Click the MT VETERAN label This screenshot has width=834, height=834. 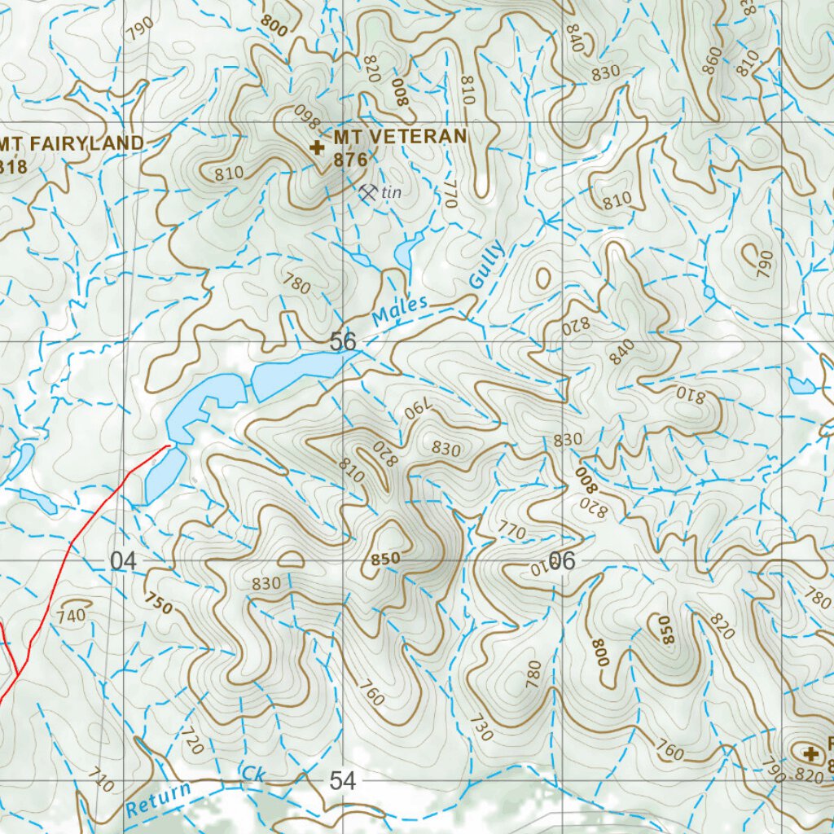pyautogui.click(x=400, y=136)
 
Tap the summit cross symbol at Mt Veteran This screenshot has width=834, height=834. pyautogui.click(x=317, y=147)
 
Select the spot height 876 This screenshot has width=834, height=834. pyautogui.click(x=350, y=160)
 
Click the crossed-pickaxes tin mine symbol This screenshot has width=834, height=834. pyautogui.click(x=368, y=192)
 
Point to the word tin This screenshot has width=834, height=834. pyautogui.click(x=393, y=192)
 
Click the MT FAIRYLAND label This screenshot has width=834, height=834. pyautogui.click(x=72, y=143)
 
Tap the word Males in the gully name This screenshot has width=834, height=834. pyautogui.click(x=400, y=310)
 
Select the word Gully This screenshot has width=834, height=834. pyautogui.click(x=487, y=264)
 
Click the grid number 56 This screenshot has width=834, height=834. pyautogui.click(x=344, y=341)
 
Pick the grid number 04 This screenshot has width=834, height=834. pyautogui.click(x=122, y=560)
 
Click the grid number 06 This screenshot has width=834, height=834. pyautogui.click(x=562, y=560)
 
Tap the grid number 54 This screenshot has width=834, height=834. pyautogui.click(x=344, y=781)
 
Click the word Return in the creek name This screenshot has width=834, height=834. pyautogui.click(x=159, y=799)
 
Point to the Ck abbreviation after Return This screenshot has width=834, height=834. pyautogui.click(x=253, y=774)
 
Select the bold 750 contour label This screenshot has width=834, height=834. pyautogui.click(x=160, y=604)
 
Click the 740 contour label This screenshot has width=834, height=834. pyautogui.click(x=72, y=616)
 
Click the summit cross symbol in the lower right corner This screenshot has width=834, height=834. pyautogui.click(x=810, y=754)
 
